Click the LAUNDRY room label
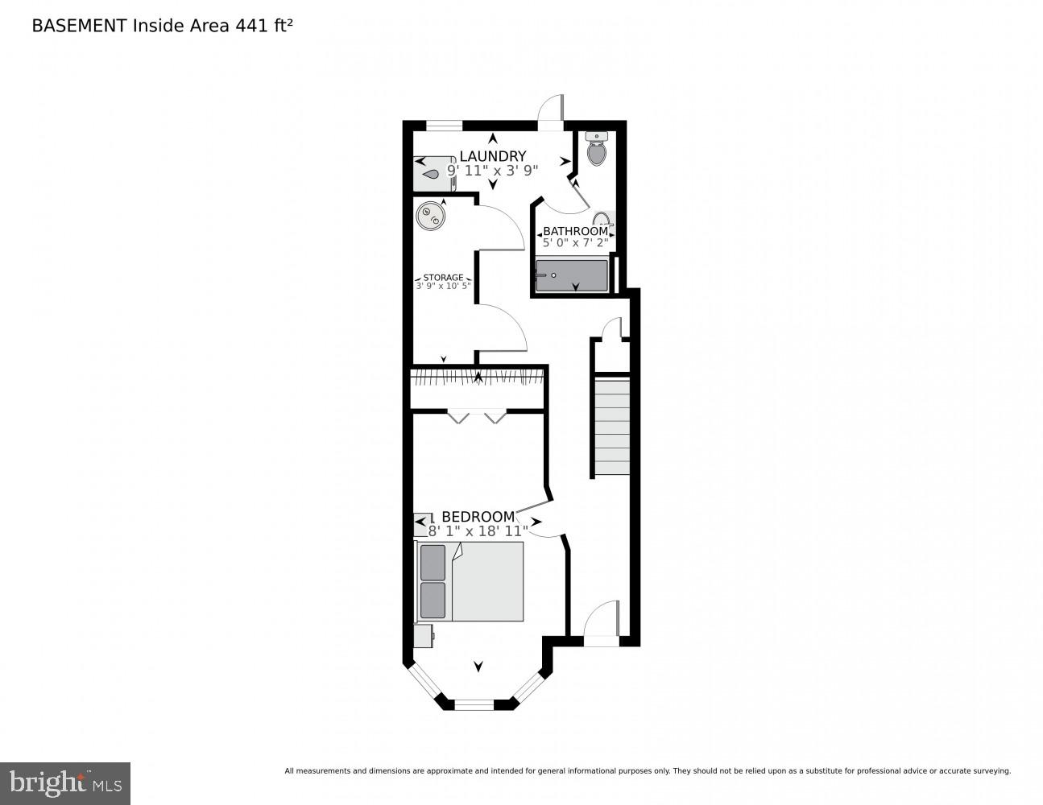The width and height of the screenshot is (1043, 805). click(492, 156)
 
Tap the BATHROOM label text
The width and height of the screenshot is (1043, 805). click(575, 231)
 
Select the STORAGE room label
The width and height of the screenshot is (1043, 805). click(443, 277)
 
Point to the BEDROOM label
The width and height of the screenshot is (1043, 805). click(478, 517)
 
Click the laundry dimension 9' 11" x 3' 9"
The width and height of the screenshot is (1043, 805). click(492, 171)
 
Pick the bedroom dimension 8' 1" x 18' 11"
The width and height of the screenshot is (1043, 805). click(478, 531)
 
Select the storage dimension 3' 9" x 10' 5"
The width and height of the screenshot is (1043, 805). click(443, 286)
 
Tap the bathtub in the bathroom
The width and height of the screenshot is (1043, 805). click(572, 275)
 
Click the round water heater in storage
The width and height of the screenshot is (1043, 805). click(431, 217)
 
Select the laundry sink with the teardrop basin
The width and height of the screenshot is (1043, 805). click(434, 174)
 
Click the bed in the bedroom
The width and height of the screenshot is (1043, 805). click(470, 581)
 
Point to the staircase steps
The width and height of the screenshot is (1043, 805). click(612, 426)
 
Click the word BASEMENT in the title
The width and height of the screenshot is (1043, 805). click(79, 26)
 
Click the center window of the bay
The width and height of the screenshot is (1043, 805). click(474, 704)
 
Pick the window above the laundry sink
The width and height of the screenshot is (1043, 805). click(445, 126)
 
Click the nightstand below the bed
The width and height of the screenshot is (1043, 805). click(424, 636)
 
